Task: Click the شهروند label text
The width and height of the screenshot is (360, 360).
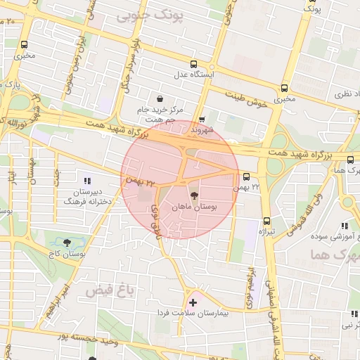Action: pos(202,130)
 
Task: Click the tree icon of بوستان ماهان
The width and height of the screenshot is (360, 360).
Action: pos(194,195)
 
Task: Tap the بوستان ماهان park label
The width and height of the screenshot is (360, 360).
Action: pos(194,207)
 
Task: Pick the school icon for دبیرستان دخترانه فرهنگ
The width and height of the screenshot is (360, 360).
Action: pos(88,181)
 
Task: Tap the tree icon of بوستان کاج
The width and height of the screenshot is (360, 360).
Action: pos(67,243)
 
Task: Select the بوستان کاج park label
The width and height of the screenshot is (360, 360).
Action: pos(67,254)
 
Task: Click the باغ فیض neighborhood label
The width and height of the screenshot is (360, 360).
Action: pos(108,289)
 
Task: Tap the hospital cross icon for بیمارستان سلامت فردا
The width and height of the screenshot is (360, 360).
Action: pos(193,302)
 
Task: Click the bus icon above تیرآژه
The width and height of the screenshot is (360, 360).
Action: pos(266,220)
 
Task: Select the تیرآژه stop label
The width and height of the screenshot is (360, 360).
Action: pos(265,231)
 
